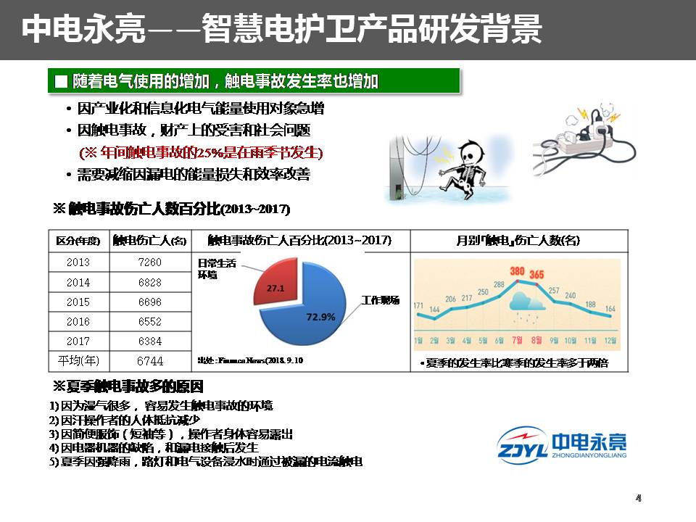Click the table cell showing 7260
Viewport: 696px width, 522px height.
coord(149,262)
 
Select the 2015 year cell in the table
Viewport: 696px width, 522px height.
coord(78,302)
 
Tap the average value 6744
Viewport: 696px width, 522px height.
coord(149,360)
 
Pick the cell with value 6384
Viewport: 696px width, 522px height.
coord(149,341)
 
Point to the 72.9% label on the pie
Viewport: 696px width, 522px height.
coord(320,316)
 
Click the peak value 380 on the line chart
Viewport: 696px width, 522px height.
coord(517,272)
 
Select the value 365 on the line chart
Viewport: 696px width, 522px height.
coord(536,275)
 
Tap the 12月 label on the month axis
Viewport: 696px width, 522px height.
coord(610,340)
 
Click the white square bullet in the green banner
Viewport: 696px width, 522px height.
coord(61,81)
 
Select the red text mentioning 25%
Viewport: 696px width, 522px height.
coord(201,153)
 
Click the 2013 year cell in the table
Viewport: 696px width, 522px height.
coord(78,262)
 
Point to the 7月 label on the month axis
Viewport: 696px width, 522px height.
coord(517,340)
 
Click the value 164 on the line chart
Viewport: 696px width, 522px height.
coord(610,310)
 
